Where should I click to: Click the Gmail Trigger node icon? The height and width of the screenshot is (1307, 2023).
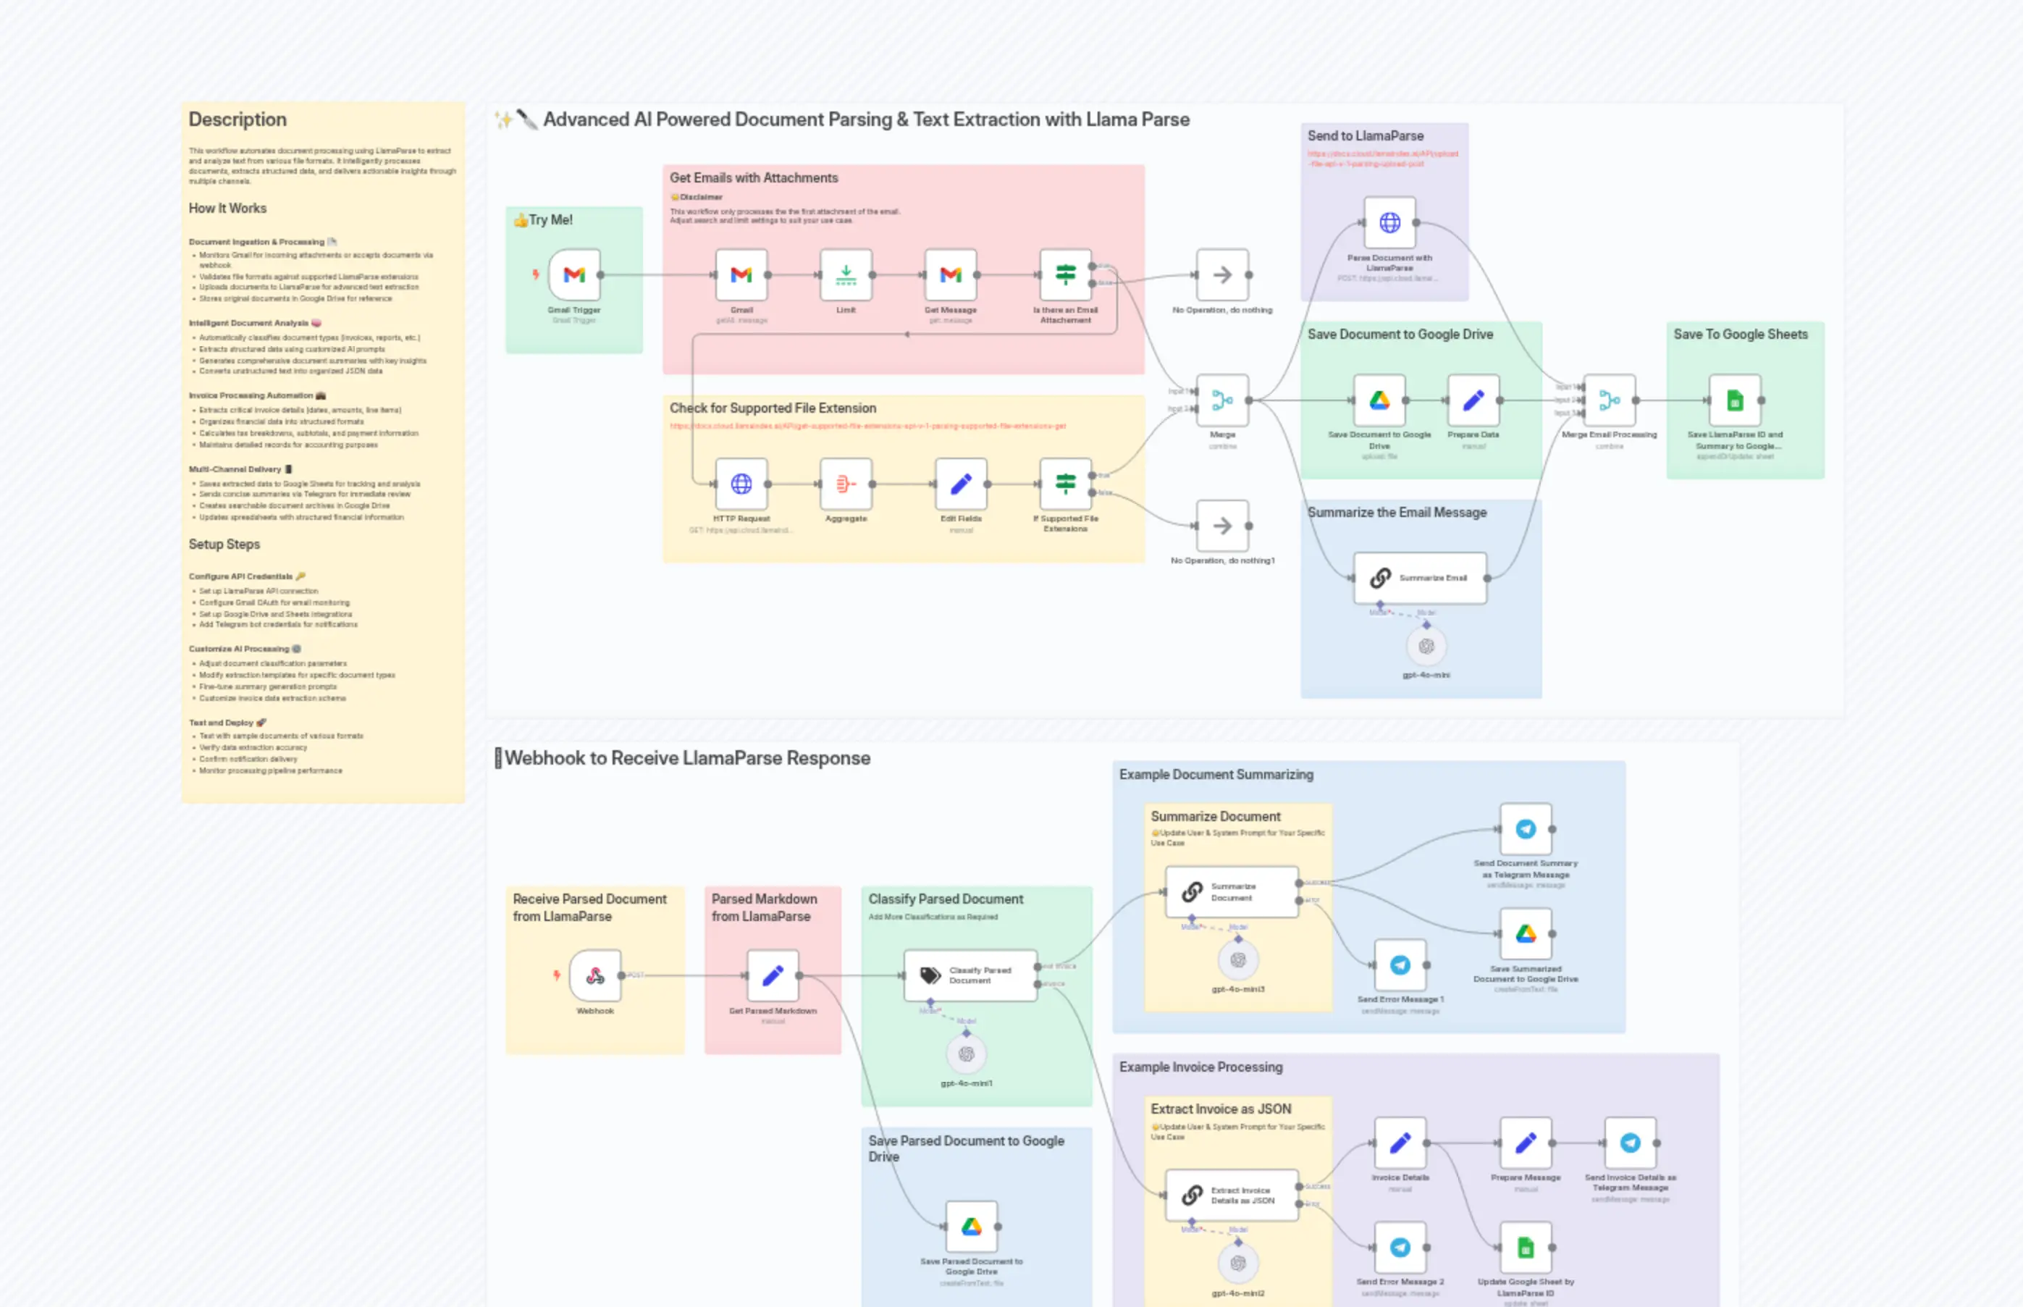point(574,274)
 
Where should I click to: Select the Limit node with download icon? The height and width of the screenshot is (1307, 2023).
point(846,274)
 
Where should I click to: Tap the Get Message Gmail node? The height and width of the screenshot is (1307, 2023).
point(951,274)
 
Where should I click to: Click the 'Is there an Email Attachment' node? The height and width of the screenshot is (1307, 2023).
point(1065,274)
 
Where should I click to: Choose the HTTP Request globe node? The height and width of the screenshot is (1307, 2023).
point(741,484)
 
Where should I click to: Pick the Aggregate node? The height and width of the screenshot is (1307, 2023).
point(846,484)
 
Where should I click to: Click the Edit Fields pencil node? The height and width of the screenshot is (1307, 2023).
point(961,484)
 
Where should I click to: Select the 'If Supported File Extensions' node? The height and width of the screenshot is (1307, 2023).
point(1065,484)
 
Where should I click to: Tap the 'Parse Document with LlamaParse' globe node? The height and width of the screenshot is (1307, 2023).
point(1389,222)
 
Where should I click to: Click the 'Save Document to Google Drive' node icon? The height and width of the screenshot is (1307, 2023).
point(1379,400)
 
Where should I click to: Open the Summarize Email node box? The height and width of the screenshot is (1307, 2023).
point(1420,578)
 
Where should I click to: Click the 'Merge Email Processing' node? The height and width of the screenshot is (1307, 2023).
point(1609,400)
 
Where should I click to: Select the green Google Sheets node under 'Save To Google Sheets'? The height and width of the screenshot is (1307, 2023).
point(1735,400)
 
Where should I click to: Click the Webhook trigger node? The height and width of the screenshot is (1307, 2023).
point(595,975)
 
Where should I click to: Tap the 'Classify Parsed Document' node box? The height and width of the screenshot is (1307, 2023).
point(970,975)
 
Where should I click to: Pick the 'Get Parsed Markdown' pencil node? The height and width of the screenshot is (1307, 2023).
point(773,975)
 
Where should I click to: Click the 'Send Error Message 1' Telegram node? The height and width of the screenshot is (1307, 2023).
point(1400,965)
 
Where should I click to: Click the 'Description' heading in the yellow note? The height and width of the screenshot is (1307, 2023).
point(237,119)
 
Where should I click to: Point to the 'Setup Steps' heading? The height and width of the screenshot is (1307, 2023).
point(224,545)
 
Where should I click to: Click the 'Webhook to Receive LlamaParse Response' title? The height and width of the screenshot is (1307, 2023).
point(686,758)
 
